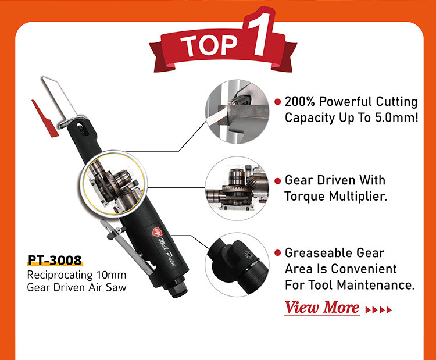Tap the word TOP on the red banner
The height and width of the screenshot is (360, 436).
[209, 45]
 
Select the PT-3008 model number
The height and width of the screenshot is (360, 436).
[55, 260]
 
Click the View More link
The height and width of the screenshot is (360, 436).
[322, 308]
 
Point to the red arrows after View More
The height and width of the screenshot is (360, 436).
[378, 309]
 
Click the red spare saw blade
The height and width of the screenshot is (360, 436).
[44, 119]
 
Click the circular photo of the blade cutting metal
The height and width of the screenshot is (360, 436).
[237, 112]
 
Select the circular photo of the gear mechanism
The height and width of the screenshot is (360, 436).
[237, 188]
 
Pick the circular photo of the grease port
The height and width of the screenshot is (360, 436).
[237, 265]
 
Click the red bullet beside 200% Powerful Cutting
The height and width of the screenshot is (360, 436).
[277, 102]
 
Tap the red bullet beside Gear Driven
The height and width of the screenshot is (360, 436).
[277, 181]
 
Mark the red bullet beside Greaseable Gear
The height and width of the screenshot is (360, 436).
[277, 252]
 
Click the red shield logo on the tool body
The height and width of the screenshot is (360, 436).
[158, 231]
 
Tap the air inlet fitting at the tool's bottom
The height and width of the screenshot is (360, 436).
[178, 290]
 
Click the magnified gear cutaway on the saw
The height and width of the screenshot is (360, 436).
[114, 183]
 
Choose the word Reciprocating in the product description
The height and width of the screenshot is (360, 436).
[60, 275]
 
